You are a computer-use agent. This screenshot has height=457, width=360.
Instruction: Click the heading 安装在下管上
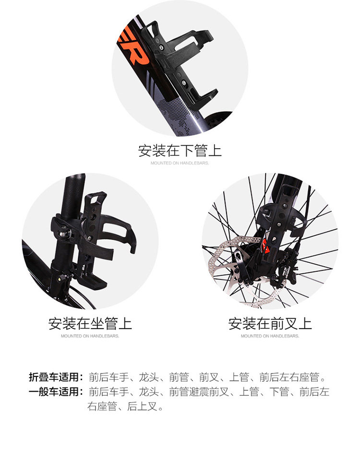[x=180, y=151]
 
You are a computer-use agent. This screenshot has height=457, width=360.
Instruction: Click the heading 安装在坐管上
[x=90, y=323]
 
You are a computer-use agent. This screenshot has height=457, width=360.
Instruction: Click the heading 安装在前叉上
[x=270, y=323]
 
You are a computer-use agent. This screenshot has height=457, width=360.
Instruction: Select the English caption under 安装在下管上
[x=180, y=163]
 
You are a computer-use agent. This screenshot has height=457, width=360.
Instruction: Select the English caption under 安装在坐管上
[x=90, y=336]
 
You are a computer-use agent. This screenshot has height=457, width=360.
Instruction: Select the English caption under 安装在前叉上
[x=270, y=336]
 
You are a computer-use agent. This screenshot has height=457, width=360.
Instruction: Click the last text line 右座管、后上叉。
[x=125, y=406]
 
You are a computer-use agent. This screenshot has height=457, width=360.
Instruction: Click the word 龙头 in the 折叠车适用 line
[x=149, y=377]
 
